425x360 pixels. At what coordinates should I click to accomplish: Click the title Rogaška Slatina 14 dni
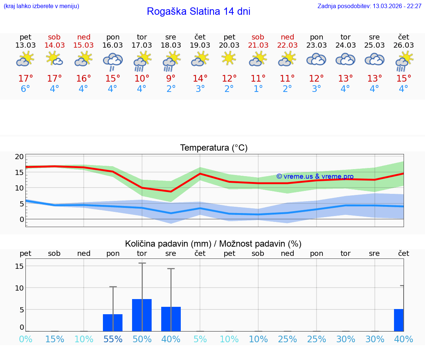tap(198, 11)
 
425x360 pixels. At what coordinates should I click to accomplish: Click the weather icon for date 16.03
tap(113, 61)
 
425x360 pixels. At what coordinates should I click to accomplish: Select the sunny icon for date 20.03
tap(229, 58)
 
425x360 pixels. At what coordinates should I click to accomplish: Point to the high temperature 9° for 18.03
tap(171, 79)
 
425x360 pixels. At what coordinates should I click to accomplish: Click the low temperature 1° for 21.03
tap(258, 89)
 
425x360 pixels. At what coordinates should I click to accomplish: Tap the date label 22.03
tap(287, 45)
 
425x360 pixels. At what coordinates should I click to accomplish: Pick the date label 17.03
tap(142, 45)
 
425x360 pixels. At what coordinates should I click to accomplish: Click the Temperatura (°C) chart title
tap(214, 148)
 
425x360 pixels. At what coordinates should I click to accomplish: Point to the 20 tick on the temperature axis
tap(19, 157)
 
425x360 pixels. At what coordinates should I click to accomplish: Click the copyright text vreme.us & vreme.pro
tap(315, 176)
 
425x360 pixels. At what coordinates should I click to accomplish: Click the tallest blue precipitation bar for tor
tap(142, 315)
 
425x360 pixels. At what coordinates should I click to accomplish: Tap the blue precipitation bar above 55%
tap(113, 323)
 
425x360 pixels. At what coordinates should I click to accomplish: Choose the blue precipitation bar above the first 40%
tap(171, 319)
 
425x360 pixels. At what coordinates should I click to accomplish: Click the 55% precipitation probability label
tap(113, 339)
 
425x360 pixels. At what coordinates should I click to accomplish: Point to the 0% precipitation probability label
tap(25, 339)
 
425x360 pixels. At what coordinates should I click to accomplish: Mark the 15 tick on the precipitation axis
tap(19, 266)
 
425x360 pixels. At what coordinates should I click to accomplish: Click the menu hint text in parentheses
tap(41, 6)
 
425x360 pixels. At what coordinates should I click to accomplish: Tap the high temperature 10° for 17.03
tap(142, 79)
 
